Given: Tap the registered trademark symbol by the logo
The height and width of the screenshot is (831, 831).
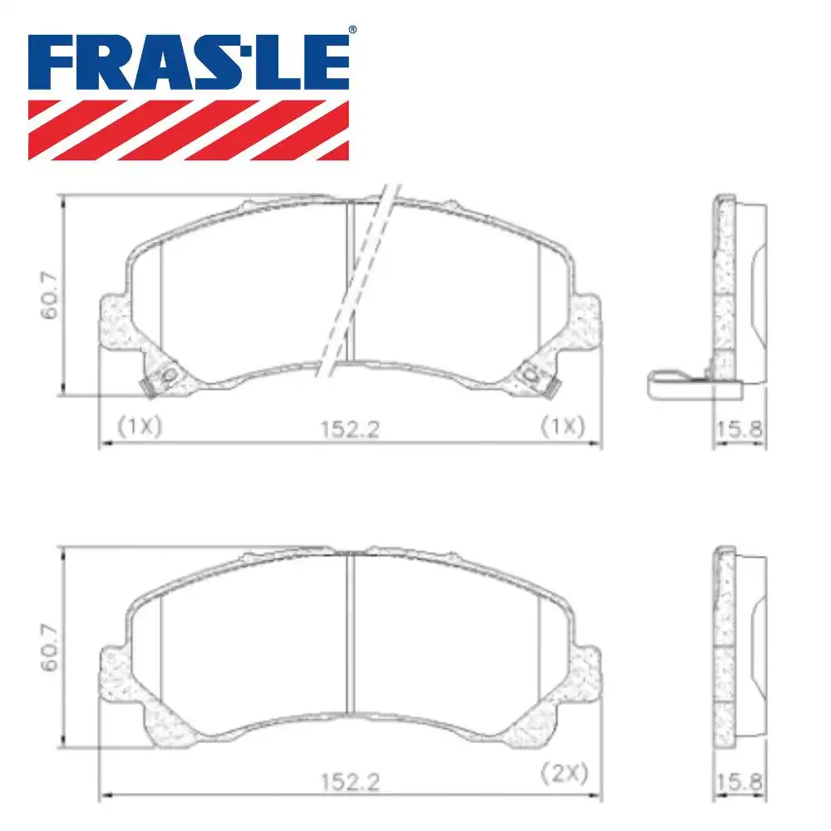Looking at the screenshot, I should (x=352, y=30).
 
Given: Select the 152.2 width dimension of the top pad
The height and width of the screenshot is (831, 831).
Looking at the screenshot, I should (x=349, y=429).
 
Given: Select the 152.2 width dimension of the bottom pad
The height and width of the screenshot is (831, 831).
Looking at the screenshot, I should (x=349, y=782).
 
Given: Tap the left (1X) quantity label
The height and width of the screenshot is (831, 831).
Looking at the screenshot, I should (x=139, y=426).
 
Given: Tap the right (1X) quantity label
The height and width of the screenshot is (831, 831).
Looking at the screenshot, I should (x=563, y=426).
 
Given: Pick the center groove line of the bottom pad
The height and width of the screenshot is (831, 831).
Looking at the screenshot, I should (x=350, y=632).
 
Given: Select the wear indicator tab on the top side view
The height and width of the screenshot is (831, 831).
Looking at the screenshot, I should (x=677, y=383).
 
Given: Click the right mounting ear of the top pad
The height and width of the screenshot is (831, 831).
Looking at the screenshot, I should (x=585, y=320).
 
